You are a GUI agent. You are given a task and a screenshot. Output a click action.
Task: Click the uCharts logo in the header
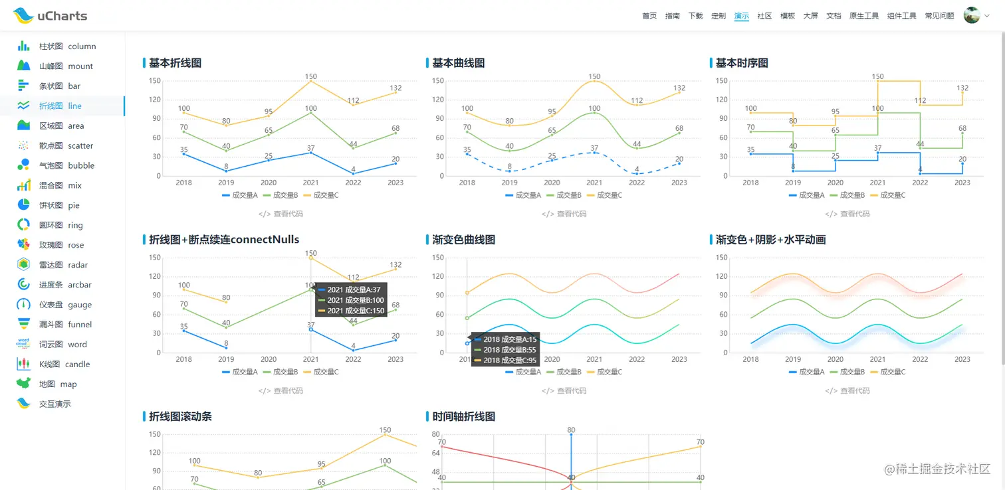point(50,15)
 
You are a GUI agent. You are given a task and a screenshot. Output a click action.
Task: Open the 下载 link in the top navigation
point(695,16)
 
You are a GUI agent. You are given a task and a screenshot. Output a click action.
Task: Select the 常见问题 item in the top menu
point(939,16)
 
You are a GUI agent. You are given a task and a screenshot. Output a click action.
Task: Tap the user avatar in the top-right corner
point(972,15)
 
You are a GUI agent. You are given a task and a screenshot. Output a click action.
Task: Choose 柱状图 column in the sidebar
point(66,46)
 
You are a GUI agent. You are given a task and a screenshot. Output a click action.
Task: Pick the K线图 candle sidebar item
point(64,365)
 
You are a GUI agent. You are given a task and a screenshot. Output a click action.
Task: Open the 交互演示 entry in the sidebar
point(55,404)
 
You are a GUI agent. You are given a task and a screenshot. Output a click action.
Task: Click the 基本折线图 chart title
point(175,63)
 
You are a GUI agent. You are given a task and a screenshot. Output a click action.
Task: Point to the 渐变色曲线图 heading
point(463,240)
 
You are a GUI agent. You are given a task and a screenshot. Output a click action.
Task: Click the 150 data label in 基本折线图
point(310,76)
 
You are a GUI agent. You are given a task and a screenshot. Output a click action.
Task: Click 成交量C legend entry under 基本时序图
point(888,195)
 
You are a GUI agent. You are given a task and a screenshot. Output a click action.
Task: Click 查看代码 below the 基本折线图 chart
point(280,214)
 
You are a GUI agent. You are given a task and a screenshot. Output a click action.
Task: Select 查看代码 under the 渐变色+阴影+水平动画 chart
point(847,390)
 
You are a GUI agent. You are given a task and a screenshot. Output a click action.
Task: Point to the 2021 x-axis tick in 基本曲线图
point(594,183)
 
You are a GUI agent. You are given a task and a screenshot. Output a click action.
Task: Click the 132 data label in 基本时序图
point(962,88)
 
